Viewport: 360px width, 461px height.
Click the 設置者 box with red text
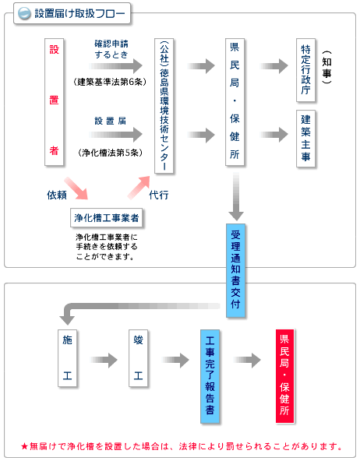[54, 102]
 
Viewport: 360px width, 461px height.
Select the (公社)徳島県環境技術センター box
[164, 106]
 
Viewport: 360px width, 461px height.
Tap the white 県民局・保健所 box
[235, 102]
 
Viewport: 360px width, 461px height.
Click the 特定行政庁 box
[306, 70]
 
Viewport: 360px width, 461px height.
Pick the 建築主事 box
[306, 139]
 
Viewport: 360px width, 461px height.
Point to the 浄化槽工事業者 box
[107, 218]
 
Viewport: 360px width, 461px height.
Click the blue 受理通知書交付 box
[235, 270]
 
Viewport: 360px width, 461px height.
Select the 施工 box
[67, 358]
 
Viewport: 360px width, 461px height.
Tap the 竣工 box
[138, 358]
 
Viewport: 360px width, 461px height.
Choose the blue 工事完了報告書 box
[210, 376]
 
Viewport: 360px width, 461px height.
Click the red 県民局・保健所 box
[284, 376]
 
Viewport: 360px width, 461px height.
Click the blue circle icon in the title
[24, 13]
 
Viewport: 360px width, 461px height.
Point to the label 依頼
[57, 195]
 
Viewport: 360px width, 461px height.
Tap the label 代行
[159, 195]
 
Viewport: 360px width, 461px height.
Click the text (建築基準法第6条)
[110, 82]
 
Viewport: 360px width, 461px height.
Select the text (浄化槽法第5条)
[110, 153]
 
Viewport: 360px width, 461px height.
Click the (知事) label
[326, 67]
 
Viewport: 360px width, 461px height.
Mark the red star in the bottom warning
[25, 447]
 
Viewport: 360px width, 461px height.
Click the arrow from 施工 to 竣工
[104, 360]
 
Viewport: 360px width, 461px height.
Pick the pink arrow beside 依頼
[76, 188]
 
